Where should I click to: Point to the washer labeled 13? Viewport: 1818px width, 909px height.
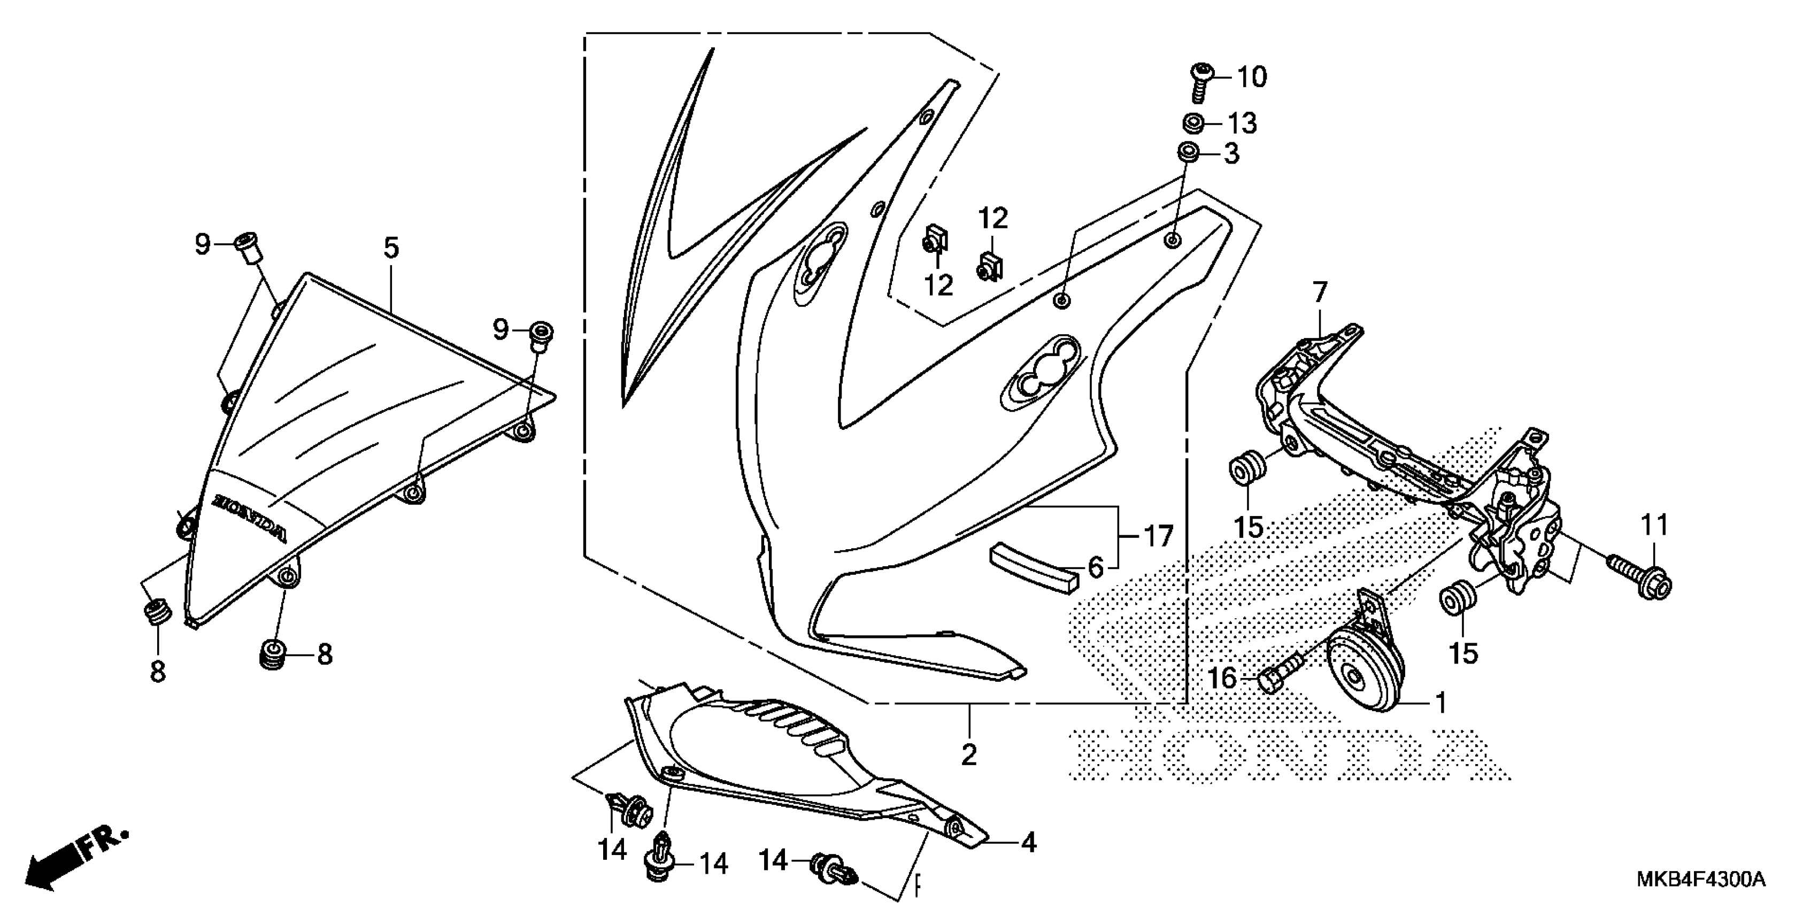pos(1195,123)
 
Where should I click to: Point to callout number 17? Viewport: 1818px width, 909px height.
pos(1158,536)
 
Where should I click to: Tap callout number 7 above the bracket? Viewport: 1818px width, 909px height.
pos(1320,291)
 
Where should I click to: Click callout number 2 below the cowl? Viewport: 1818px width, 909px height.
pos(969,755)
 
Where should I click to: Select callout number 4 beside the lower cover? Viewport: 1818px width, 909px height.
pos(1029,843)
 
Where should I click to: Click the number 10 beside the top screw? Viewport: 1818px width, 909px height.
pos(1251,77)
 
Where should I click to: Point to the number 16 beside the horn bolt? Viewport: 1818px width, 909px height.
pos(1223,679)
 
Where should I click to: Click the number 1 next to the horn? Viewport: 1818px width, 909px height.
pos(1440,703)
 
